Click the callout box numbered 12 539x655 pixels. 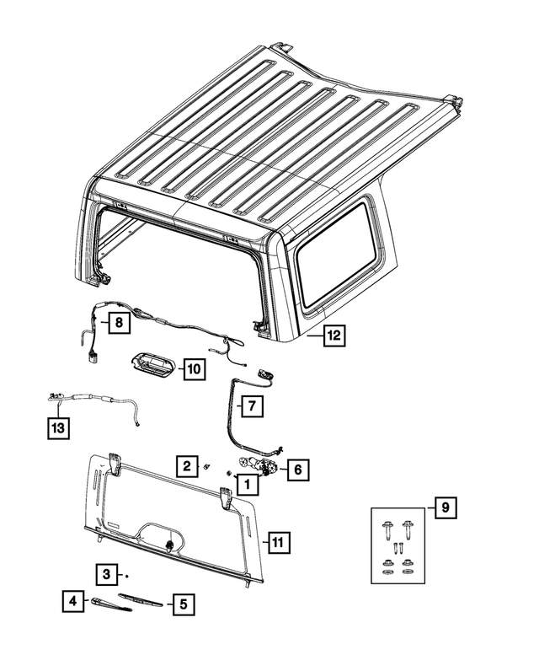click(x=334, y=335)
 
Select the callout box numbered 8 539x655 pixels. click(x=120, y=323)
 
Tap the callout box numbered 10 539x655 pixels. click(x=195, y=368)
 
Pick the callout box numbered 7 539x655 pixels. click(x=252, y=405)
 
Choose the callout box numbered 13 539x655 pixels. click(x=58, y=427)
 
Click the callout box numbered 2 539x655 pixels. click(x=187, y=465)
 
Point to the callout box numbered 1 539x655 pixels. click(x=248, y=484)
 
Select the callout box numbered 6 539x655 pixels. click(x=298, y=470)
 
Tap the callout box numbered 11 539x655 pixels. click(x=278, y=542)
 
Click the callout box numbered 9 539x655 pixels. click(x=446, y=507)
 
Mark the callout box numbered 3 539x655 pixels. click(x=107, y=574)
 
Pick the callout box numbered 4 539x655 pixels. click(x=73, y=601)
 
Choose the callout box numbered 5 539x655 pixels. click(x=184, y=604)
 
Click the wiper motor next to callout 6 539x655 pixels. click(x=256, y=465)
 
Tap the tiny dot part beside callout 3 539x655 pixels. click(x=127, y=576)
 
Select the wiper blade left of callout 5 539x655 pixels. click(x=141, y=600)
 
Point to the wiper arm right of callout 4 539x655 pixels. click(x=111, y=604)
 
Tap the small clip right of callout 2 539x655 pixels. click(x=206, y=467)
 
